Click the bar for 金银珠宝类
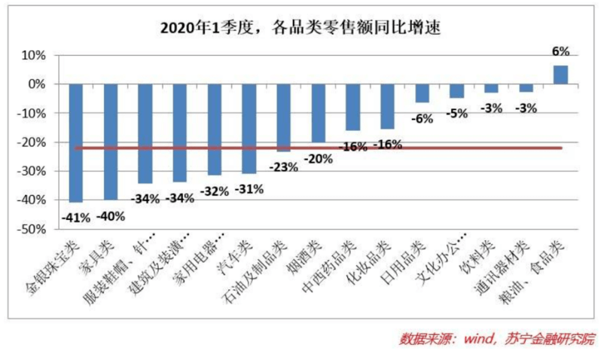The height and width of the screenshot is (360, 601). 75,143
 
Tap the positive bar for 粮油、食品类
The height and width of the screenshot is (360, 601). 560,75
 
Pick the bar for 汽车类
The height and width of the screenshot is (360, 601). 249,128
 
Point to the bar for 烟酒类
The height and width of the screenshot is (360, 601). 318,113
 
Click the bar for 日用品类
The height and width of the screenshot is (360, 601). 422,93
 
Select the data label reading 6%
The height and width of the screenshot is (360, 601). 560,51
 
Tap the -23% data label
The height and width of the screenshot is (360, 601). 283,167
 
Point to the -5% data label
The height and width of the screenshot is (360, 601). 456,114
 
